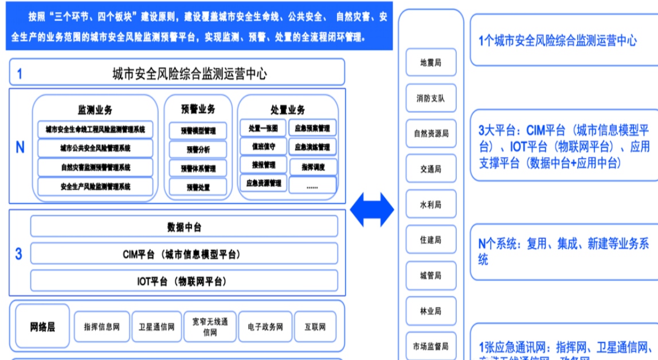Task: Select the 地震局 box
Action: pos(431,62)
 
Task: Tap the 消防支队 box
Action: pos(431,98)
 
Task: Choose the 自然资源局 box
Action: pos(431,134)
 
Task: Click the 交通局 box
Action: pos(431,169)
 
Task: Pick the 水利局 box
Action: pos(431,205)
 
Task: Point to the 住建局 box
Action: pos(431,240)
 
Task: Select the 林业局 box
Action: pos(431,311)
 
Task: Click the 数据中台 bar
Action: pos(185,227)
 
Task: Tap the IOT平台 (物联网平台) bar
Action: pos(185,281)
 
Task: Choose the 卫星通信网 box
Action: pos(156,327)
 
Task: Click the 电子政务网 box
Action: pos(265,327)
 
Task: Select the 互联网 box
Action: pos(315,327)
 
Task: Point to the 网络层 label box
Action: pos(43,327)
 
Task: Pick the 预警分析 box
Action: pos(198,150)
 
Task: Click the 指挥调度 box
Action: pos(312,167)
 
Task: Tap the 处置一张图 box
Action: pos(263,128)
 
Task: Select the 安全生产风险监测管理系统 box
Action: pos(95,186)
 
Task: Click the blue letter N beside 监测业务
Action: pos(20,148)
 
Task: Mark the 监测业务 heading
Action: pos(95,110)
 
